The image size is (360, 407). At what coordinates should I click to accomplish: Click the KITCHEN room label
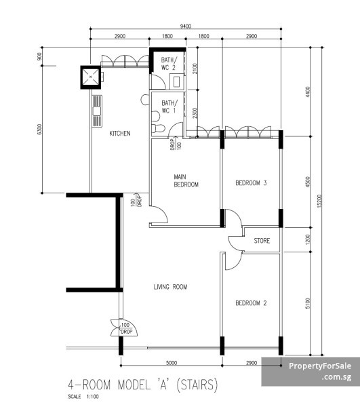(x=120, y=134)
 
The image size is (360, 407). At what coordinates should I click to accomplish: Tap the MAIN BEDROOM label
(x=186, y=180)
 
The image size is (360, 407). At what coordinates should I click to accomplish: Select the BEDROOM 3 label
(x=251, y=182)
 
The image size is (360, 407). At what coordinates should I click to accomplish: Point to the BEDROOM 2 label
(x=251, y=303)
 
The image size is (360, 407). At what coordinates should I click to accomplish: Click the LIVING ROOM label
(x=170, y=287)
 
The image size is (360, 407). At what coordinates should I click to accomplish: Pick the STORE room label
(x=262, y=241)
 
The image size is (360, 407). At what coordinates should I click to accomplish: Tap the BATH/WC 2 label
(x=169, y=64)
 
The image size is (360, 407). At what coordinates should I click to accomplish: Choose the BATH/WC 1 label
(x=169, y=106)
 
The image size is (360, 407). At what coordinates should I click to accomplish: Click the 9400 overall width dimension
(x=186, y=26)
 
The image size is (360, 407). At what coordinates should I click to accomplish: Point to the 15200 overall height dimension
(x=319, y=201)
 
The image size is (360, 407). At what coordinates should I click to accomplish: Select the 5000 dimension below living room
(x=172, y=363)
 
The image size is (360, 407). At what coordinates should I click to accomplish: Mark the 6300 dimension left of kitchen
(x=39, y=130)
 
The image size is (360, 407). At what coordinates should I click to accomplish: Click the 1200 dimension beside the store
(x=308, y=239)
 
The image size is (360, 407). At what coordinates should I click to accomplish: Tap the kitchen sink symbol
(x=97, y=111)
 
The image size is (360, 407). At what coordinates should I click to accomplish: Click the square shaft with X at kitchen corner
(x=91, y=77)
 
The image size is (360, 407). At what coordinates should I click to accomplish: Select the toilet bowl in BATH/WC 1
(x=158, y=128)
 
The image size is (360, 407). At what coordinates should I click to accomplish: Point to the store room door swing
(x=235, y=244)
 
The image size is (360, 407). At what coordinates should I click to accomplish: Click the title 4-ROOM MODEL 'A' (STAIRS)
(x=142, y=385)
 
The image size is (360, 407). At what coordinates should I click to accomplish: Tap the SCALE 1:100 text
(x=83, y=397)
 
